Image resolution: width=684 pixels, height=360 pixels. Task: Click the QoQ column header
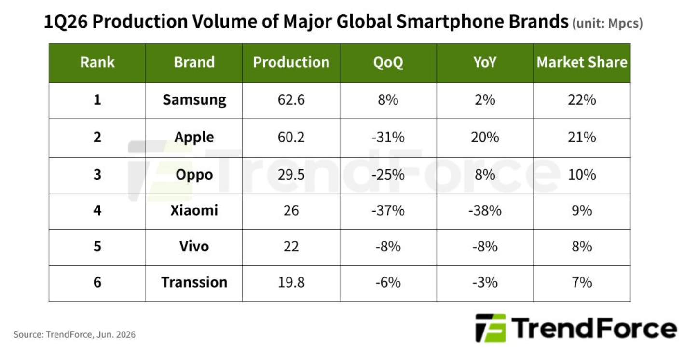point(388,63)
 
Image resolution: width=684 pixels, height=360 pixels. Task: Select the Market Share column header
point(582,62)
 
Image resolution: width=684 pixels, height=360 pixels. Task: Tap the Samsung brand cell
point(194,100)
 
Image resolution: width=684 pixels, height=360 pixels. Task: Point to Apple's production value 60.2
point(291,137)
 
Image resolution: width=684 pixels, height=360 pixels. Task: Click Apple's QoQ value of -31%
point(388,137)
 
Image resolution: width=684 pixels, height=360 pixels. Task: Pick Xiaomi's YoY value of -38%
point(485,210)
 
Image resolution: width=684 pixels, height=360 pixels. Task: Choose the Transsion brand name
point(194,282)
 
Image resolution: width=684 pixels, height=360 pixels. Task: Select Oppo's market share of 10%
point(582,175)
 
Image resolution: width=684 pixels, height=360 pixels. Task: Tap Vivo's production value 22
point(291,246)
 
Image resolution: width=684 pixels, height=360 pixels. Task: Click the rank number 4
point(97,210)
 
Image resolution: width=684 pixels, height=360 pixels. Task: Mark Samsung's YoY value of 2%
point(485,100)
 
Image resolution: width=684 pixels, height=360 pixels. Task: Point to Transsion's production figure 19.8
point(291,282)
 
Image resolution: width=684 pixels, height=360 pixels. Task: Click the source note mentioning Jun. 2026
point(74,334)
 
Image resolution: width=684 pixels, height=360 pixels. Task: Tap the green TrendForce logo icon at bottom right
point(491,328)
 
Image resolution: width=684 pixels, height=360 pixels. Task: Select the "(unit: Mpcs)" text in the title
point(607,24)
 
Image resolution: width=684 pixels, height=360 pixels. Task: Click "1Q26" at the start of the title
point(66,22)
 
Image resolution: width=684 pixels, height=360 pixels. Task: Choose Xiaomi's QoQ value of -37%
point(388,210)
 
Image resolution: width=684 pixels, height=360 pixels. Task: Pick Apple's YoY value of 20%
point(485,137)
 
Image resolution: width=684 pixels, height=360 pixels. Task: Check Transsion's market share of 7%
point(582,282)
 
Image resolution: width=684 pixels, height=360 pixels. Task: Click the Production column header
point(291,62)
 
